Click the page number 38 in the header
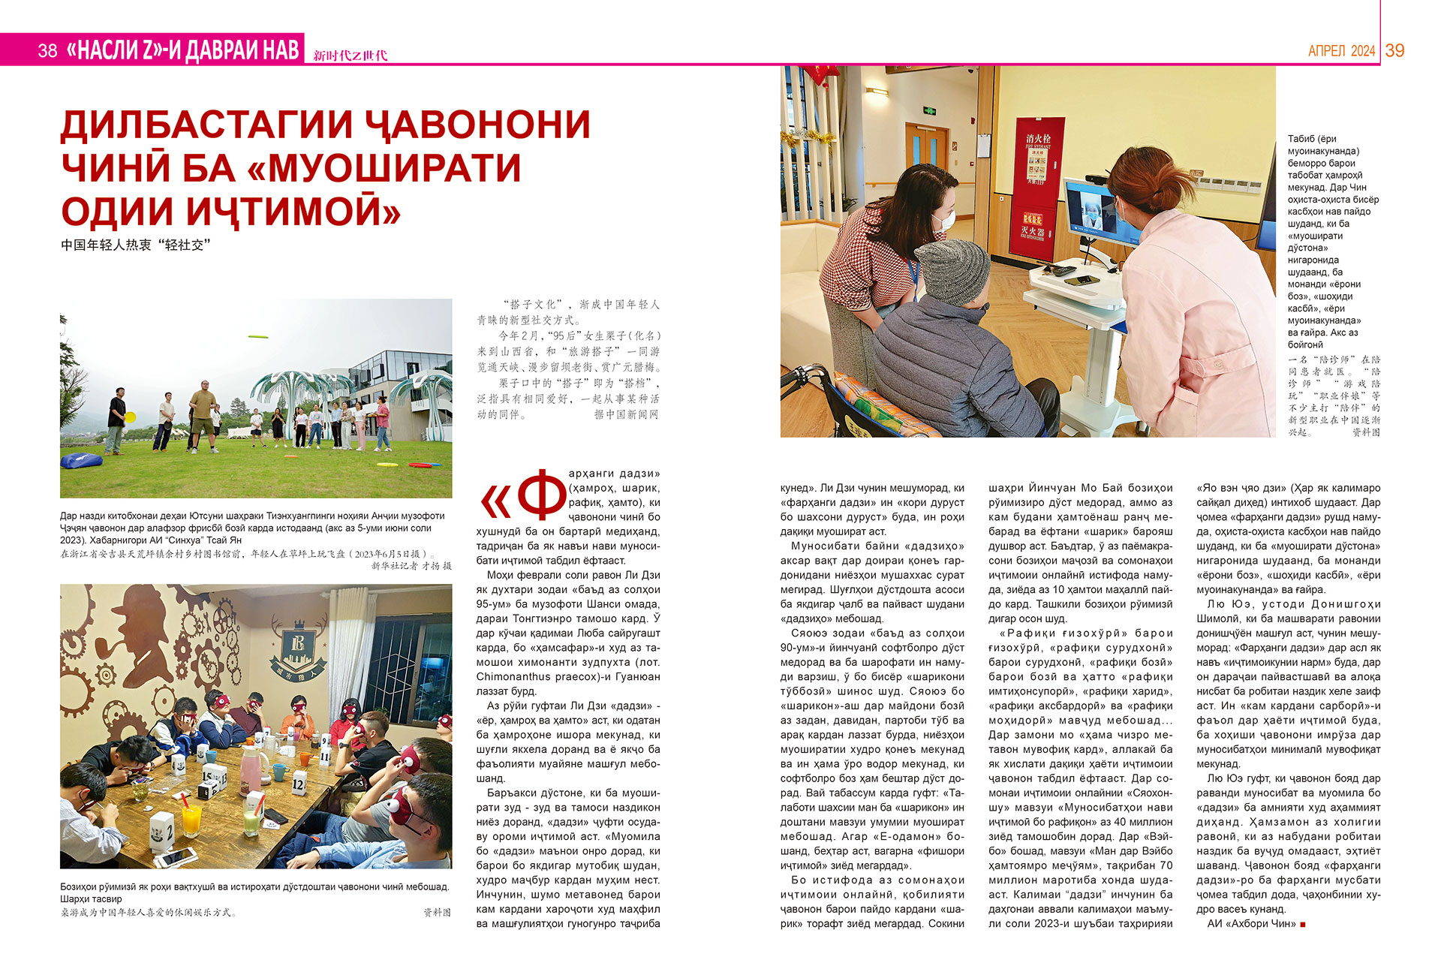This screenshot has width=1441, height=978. tap(47, 50)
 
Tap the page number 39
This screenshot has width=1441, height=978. tap(1395, 50)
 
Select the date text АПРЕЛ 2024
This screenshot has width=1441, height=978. tap(1341, 51)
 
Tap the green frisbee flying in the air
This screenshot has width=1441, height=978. tap(257, 337)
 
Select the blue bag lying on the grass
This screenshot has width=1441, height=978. tap(81, 459)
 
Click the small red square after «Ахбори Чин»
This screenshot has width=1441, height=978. tap(1302, 925)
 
